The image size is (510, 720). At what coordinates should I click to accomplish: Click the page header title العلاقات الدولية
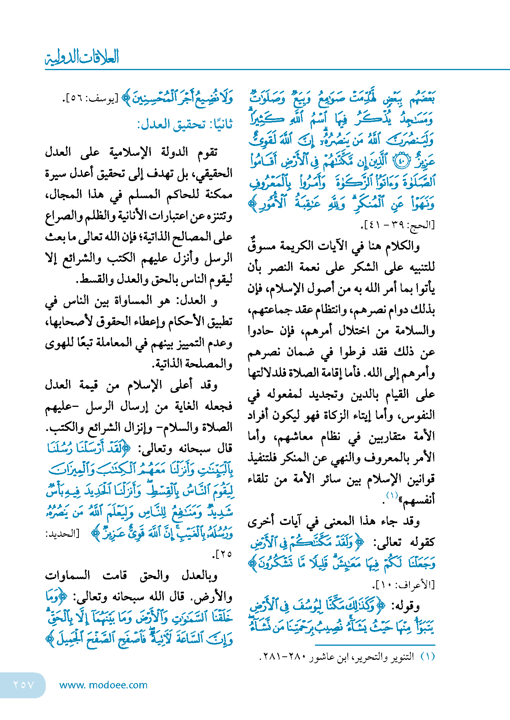(x=82, y=57)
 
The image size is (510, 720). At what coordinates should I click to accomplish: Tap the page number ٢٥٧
(x=24, y=685)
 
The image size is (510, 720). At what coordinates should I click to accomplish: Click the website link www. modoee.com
(x=104, y=685)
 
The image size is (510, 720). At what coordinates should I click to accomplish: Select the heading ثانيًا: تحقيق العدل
(x=185, y=125)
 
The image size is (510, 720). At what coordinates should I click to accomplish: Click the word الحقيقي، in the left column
(x=214, y=174)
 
